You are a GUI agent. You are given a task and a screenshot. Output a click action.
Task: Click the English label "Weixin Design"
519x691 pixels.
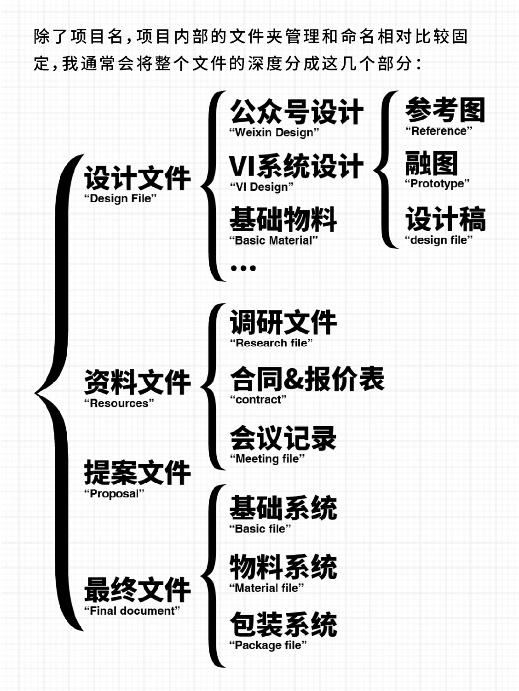(x=274, y=132)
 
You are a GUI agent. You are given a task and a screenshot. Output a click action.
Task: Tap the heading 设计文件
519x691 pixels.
(x=137, y=178)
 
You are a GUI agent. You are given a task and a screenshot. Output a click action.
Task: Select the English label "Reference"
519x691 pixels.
(x=438, y=131)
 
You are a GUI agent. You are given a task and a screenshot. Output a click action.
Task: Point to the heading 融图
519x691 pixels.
(x=431, y=163)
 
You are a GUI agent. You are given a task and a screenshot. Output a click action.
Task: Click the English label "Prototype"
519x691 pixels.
(x=437, y=183)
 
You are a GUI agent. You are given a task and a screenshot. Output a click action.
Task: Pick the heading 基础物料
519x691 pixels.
(x=283, y=219)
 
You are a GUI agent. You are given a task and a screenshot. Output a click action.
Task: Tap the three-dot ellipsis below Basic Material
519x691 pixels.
(x=243, y=268)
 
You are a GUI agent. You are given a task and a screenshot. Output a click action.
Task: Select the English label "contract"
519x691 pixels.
(x=258, y=400)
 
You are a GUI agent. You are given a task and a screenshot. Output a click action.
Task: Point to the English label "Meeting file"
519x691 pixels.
(x=267, y=458)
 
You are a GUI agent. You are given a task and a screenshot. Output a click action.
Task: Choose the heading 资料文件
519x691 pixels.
(x=137, y=382)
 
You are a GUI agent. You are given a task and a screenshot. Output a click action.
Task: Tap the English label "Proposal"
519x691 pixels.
(x=114, y=494)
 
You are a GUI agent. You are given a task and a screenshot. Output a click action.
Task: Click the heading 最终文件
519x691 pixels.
(x=137, y=590)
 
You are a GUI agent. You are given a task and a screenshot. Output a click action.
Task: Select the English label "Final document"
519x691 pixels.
(x=132, y=611)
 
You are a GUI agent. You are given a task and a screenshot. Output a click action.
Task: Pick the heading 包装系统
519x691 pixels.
(x=283, y=624)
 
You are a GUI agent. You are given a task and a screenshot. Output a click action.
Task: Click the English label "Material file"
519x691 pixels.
(x=267, y=588)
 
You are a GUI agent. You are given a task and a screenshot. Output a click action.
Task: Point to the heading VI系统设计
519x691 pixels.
(x=296, y=166)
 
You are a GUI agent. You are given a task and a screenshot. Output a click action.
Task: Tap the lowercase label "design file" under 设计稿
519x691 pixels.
(x=438, y=240)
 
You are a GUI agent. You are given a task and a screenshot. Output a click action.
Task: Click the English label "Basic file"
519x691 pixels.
(x=260, y=529)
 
